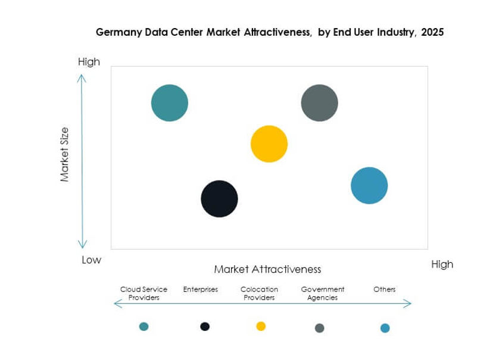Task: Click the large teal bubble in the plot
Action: [170, 103]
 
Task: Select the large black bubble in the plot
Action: [219, 198]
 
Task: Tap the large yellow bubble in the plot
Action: [269, 144]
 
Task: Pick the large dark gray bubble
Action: [320, 103]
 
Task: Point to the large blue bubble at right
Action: [369, 185]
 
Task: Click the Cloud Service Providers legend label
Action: [144, 293]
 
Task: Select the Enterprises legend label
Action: [201, 290]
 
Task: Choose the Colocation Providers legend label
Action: [259, 293]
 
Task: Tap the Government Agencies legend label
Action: [323, 293]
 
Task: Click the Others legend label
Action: [384, 290]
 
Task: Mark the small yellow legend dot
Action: [261, 326]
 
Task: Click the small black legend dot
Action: [205, 326]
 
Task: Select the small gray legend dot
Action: [320, 328]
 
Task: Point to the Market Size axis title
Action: [65, 154]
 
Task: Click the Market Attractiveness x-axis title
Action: [267, 269]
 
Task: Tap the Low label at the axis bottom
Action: [91, 260]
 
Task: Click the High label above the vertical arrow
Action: [89, 62]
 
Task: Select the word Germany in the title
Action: [118, 33]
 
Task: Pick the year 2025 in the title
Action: [432, 33]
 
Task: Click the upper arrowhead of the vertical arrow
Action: [83, 77]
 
